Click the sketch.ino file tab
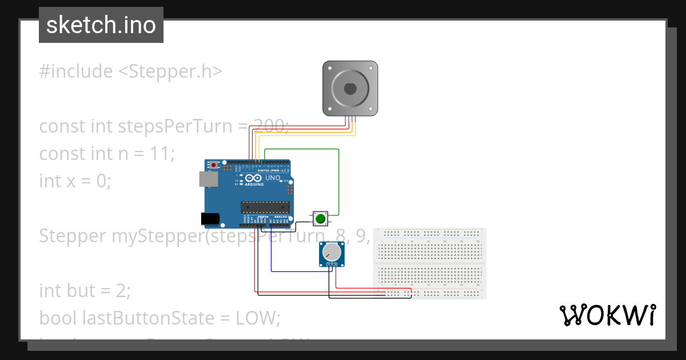(101, 25)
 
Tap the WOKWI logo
(607, 315)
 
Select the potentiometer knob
(332, 252)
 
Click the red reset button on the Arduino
(214, 165)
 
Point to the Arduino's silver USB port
(208, 179)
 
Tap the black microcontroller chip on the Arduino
(265, 207)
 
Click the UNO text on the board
(273, 178)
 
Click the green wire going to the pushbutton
(339, 177)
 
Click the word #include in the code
(76, 71)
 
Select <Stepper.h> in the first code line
(170, 71)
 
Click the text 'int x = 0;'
(75, 181)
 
